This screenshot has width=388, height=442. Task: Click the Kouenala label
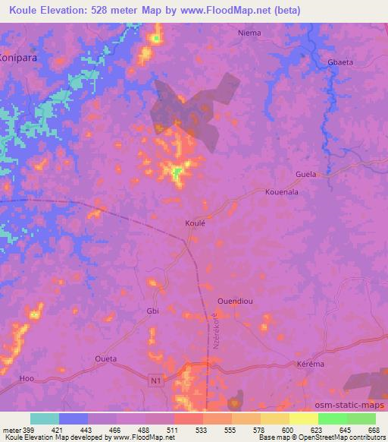point(282,193)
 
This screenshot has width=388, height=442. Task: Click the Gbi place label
point(151,312)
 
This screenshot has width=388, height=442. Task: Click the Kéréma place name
point(308,365)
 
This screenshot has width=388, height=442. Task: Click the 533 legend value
point(202,429)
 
